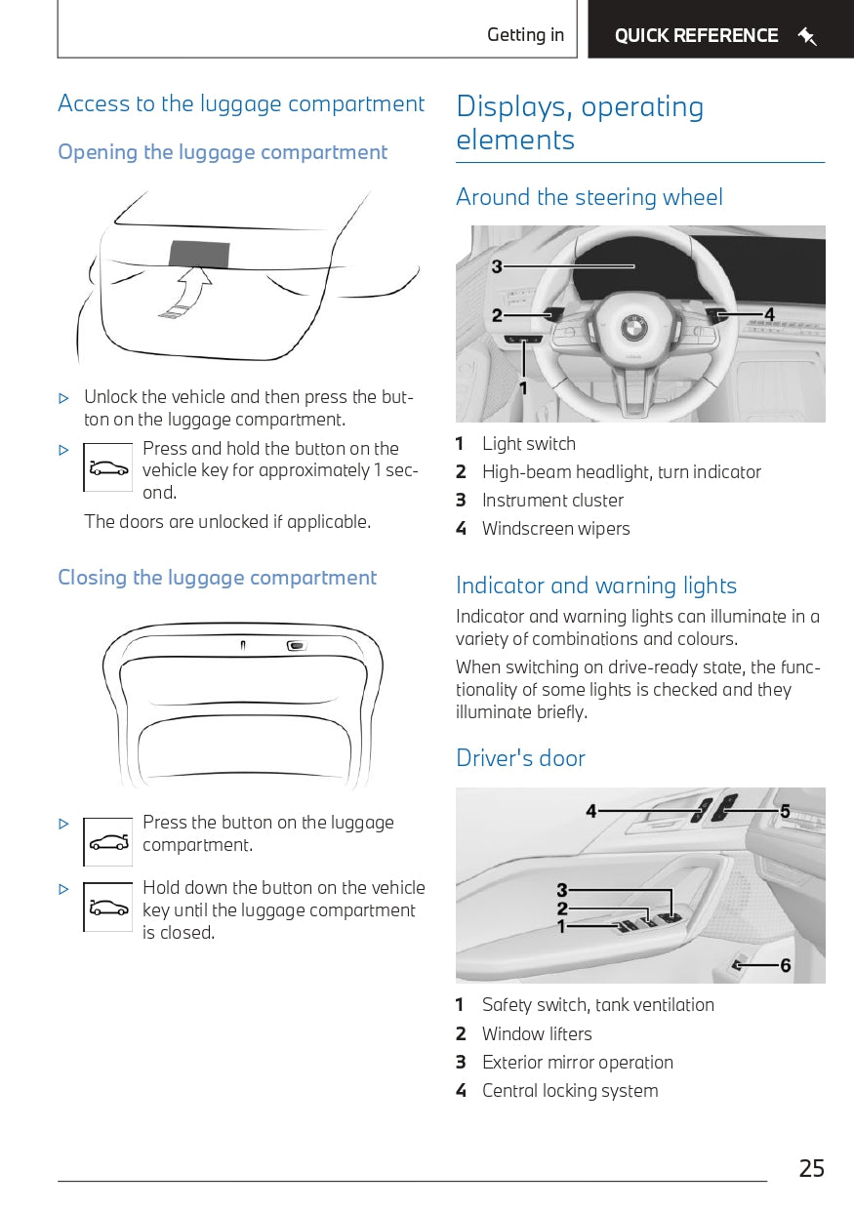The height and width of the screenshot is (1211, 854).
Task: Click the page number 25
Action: point(811,1168)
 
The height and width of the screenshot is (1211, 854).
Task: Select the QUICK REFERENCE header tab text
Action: point(696,36)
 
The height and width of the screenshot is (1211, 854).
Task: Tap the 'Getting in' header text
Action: point(525,35)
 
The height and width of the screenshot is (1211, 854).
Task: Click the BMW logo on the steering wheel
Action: point(634,326)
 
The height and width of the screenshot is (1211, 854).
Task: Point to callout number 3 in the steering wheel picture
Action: point(497,266)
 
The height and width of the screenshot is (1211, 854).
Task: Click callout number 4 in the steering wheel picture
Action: point(769,314)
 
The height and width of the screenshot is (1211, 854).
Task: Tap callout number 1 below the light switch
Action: point(523,388)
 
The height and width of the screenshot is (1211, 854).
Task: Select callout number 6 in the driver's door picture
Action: point(785,966)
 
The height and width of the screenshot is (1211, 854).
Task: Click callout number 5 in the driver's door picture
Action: point(785,811)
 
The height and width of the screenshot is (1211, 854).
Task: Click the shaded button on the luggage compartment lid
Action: point(200,252)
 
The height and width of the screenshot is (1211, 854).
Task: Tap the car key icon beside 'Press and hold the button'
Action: point(108,467)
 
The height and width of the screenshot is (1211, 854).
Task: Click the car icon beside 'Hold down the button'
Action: point(108,908)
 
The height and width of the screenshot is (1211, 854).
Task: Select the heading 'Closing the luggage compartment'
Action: point(217,578)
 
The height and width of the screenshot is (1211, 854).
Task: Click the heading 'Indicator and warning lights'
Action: point(596,585)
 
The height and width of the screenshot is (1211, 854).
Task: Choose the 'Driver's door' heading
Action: point(520,758)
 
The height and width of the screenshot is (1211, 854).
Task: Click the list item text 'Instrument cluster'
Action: point(552,501)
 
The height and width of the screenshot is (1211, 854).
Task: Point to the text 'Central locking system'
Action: point(570,1091)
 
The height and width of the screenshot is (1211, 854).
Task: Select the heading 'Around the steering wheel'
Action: point(590,197)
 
